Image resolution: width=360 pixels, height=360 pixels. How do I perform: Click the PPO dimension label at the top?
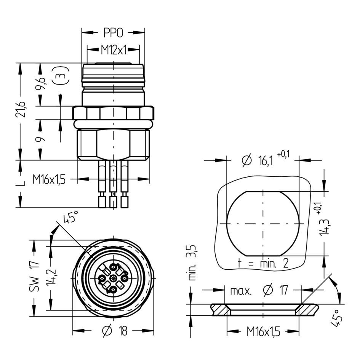(113, 33)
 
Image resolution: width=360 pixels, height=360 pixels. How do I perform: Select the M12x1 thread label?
(114, 50)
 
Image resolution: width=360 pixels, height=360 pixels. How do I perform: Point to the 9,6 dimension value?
(41, 84)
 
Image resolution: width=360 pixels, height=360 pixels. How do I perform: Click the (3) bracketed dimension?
(60, 75)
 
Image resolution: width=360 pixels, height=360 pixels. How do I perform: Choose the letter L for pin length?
(21, 182)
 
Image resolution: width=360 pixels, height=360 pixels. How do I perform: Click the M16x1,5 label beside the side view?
(49, 179)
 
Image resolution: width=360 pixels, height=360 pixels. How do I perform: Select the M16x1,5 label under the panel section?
(263, 331)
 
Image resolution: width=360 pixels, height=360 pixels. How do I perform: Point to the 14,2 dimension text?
(51, 277)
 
